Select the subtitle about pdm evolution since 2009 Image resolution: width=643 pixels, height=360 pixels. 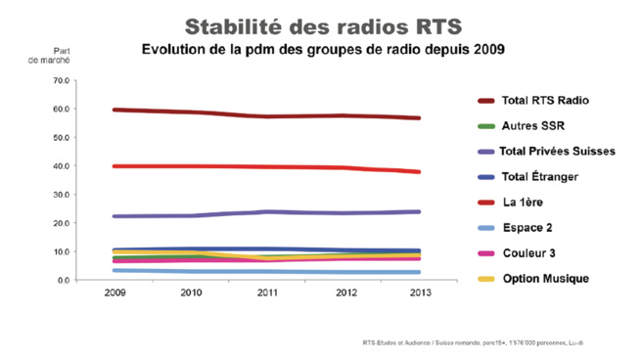[323, 49]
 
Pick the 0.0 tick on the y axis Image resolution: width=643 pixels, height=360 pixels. [61, 281]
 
